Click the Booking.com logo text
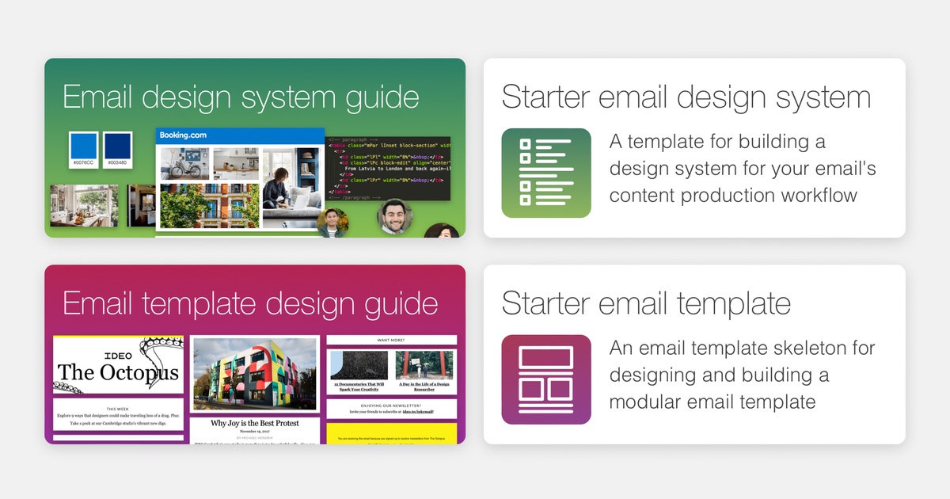click(183, 135)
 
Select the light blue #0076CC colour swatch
click(83, 148)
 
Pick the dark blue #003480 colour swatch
click(116, 148)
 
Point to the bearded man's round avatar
click(393, 216)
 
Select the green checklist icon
click(546, 173)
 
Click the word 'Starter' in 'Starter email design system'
click(545, 97)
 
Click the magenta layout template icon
click(546, 379)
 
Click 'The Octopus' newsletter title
click(118, 372)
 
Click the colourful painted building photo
click(255, 373)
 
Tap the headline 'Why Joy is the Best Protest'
click(255, 424)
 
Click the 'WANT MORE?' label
click(392, 340)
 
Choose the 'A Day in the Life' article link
click(424, 386)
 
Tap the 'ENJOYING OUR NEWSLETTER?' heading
click(392, 404)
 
